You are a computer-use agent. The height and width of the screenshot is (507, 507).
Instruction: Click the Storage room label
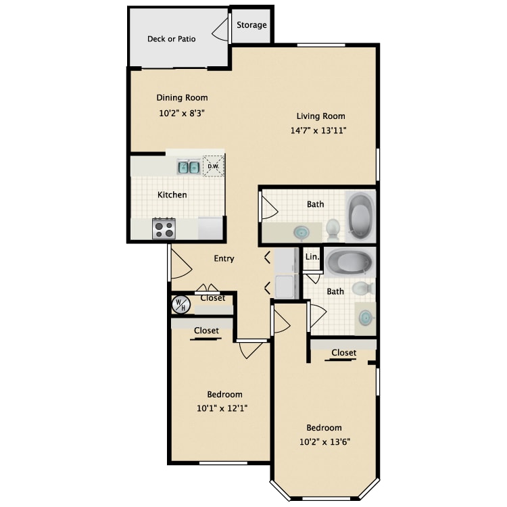pyautogui.click(x=251, y=25)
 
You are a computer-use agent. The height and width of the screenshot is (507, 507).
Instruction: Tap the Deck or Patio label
pyautogui.click(x=172, y=39)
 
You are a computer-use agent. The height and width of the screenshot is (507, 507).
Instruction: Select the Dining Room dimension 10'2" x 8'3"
pyautogui.click(x=182, y=113)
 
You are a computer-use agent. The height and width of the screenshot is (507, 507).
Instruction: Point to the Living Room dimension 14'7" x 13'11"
pyautogui.click(x=318, y=130)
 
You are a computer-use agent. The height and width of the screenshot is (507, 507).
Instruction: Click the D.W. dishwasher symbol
pyautogui.click(x=214, y=166)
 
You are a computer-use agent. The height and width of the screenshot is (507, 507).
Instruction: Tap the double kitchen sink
pyautogui.click(x=189, y=167)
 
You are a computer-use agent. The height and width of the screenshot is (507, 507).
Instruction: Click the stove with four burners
pyautogui.click(x=164, y=229)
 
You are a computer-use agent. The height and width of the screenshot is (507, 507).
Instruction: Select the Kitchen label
pyautogui.click(x=172, y=195)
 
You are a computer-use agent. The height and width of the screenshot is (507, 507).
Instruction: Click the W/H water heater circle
pyautogui.click(x=181, y=305)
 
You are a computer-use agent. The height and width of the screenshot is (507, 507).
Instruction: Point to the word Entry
pyautogui.click(x=224, y=258)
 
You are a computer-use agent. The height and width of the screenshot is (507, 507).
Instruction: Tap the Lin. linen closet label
pyautogui.click(x=312, y=257)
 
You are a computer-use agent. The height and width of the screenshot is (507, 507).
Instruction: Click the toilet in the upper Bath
pyautogui.click(x=333, y=229)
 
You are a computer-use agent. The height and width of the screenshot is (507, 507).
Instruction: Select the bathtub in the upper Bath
pyautogui.click(x=360, y=216)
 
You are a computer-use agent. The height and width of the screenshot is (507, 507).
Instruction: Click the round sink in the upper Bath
pyautogui.click(x=301, y=232)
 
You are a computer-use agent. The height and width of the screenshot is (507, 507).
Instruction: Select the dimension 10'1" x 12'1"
pyautogui.click(x=222, y=408)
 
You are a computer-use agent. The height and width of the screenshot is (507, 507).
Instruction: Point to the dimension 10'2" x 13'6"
pyautogui.click(x=325, y=441)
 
